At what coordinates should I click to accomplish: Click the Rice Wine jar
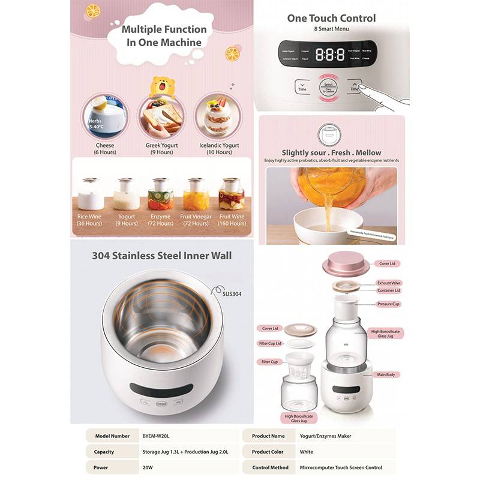point(91,194)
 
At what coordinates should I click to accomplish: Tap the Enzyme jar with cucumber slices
point(161,194)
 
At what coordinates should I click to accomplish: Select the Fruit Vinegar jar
point(196,194)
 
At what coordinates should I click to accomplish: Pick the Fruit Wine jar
point(232,194)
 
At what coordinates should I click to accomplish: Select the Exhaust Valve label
point(389,282)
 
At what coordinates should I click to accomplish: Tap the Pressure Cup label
point(388,304)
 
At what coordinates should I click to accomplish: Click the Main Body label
point(386,375)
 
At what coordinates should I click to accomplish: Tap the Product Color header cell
point(269,452)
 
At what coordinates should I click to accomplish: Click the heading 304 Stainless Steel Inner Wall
point(161,256)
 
